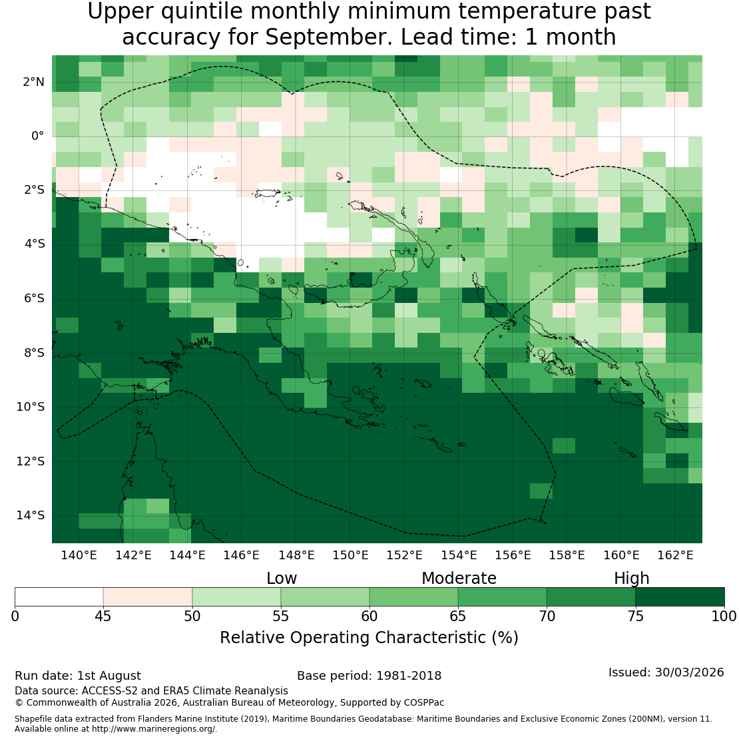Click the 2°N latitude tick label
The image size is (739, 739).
pos(33,82)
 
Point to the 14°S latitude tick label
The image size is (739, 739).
pos(31,515)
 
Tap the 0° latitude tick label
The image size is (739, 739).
pos(38,136)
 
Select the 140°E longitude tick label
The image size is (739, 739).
pos(79,555)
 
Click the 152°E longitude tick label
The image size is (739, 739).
pos(404,555)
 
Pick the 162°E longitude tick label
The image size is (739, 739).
pos(675,555)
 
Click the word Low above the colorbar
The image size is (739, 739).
pos(282,579)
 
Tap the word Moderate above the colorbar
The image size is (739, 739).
pos(459,579)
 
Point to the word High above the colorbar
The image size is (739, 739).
pos(631,579)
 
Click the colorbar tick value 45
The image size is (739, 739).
pos(103,616)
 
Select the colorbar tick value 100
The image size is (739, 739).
pos(724,616)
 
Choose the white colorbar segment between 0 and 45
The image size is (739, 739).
pos(59,597)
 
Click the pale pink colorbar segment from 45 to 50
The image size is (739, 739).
pos(148,597)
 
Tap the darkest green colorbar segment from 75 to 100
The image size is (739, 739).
pos(680,597)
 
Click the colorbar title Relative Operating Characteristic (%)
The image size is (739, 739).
pos(369,638)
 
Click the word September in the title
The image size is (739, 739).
pos(328,37)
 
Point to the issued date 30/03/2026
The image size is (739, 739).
pos(689,672)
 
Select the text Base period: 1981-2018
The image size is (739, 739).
pos(369,676)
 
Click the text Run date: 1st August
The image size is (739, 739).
pos(78,676)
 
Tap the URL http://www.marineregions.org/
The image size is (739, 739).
pos(154,728)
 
